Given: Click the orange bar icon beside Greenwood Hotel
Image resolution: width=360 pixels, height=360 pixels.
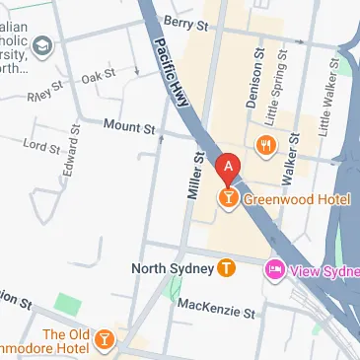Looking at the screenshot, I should coord(229,200).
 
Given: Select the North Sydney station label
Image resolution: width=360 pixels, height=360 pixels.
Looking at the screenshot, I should coord(173,267).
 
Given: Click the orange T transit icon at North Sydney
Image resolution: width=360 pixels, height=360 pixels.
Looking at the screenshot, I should coord(227,267).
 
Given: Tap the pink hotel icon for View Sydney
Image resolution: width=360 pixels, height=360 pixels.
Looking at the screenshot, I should coord(275,269).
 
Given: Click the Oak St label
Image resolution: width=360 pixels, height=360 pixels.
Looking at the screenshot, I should coord(100,75).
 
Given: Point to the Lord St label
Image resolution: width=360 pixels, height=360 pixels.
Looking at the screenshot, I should coord(41,145).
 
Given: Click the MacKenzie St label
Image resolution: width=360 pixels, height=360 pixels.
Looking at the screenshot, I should coord(215,308).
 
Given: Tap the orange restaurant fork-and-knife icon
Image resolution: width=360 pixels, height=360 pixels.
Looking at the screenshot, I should coord(264,146).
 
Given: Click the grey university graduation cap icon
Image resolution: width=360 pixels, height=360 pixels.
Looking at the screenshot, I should coord(41,45).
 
